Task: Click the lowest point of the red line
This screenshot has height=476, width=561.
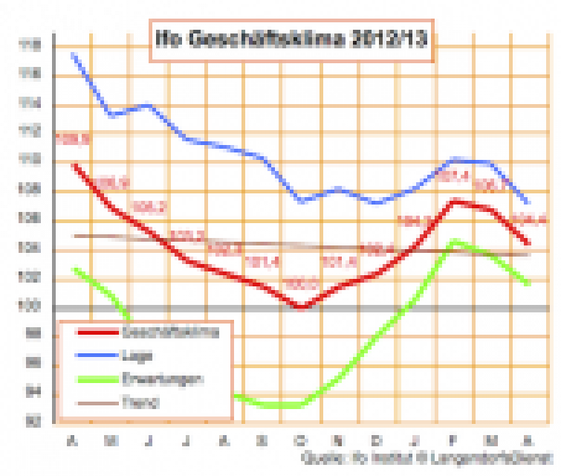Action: [301, 306]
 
